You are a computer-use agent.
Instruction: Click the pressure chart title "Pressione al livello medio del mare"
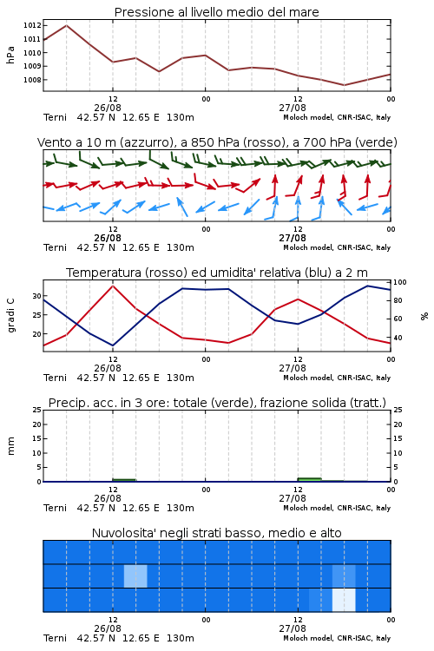point(216,12)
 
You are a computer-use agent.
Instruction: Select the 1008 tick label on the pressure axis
point(32,80)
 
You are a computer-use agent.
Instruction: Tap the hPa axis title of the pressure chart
point(10,55)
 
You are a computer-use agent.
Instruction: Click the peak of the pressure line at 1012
point(67,25)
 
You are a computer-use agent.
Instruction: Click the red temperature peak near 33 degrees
point(113,286)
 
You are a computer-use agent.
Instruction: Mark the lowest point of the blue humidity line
point(113,345)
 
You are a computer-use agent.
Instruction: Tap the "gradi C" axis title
point(10,316)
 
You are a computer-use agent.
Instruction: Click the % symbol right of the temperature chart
point(424,316)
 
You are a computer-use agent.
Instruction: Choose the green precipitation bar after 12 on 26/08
point(124,480)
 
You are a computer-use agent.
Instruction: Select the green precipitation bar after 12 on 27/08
point(309,479)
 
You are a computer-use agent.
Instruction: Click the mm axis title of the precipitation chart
point(10,446)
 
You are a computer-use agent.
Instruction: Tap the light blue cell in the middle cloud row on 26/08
point(135,575)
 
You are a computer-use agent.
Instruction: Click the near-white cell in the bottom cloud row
point(344,600)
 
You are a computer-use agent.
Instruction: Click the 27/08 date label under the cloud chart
point(293,628)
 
